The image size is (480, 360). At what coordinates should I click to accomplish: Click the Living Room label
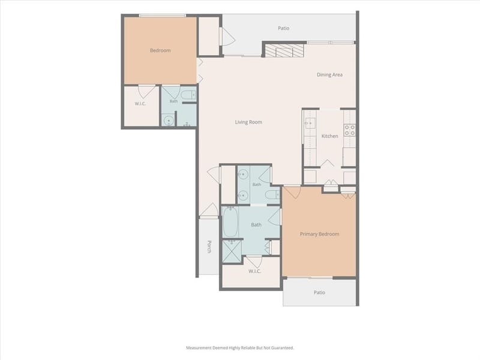pos(248,122)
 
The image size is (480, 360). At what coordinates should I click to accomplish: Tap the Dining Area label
pos(329,74)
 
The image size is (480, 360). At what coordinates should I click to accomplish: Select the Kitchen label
pos(329,136)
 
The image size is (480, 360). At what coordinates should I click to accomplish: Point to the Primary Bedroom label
pos(319,234)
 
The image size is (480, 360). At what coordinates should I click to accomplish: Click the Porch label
pos(209,247)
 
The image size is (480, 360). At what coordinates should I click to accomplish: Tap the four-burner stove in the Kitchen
pos(350,130)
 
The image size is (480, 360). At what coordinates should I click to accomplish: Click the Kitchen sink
pos(310,123)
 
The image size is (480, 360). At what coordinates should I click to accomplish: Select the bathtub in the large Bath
pos(230,221)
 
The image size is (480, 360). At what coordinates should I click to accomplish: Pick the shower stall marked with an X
pos(232,251)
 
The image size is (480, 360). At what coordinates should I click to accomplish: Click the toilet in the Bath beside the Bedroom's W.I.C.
pos(188,95)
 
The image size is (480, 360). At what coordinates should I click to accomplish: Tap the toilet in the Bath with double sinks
pos(272,194)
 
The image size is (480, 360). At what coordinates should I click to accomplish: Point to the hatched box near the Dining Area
pos(284,51)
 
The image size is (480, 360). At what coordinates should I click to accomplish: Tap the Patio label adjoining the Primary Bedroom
pos(319,293)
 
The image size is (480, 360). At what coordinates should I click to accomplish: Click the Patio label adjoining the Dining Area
pos(283,28)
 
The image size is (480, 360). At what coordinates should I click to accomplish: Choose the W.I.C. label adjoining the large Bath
pos(254,271)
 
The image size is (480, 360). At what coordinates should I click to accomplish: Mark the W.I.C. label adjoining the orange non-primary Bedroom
pos(140,104)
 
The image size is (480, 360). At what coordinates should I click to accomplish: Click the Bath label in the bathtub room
pos(256,224)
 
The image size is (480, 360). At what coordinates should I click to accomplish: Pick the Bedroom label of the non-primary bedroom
pos(160,50)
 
